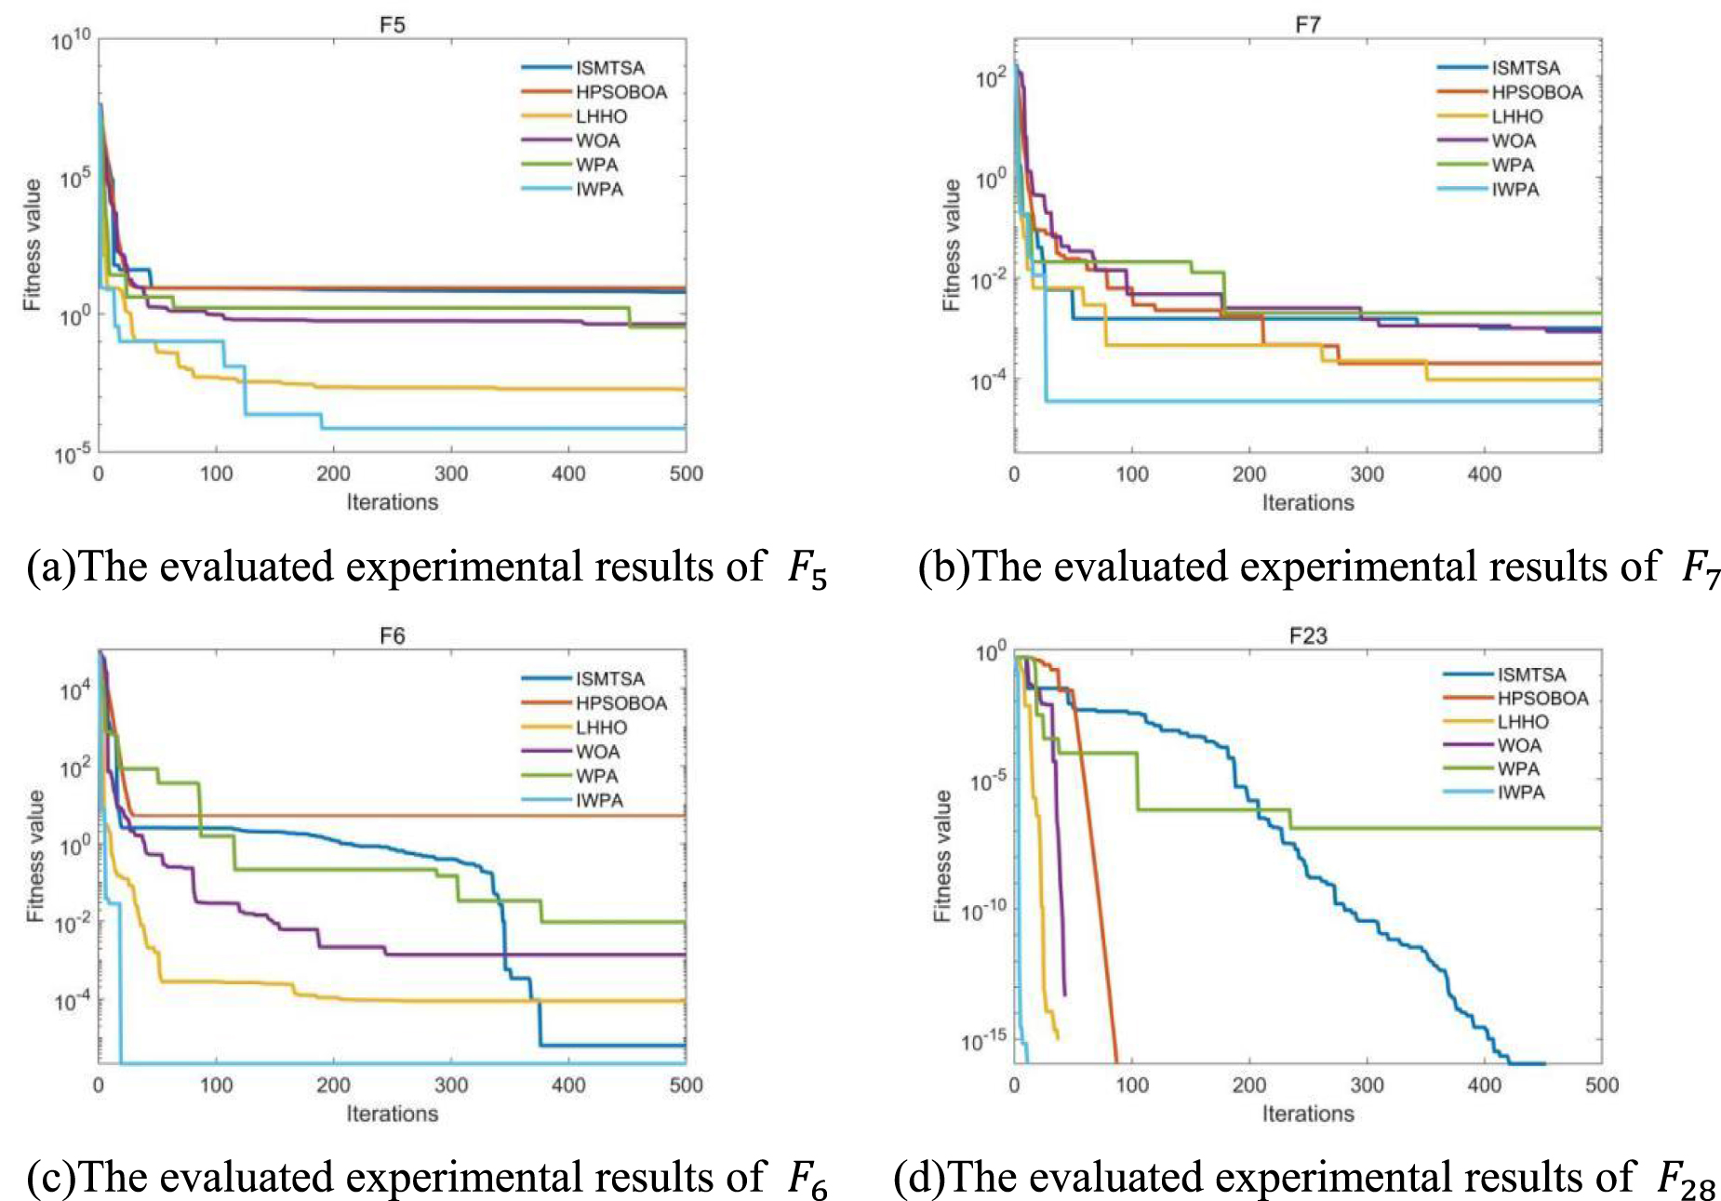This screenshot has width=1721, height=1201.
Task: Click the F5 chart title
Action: [392, 25]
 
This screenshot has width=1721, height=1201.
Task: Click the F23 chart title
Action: [1307, 636]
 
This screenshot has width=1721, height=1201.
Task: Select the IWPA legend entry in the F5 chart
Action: [599, 190]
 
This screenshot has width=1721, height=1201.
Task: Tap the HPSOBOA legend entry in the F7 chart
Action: [1537, 92]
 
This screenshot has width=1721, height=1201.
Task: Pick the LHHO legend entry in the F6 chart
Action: [601, 727]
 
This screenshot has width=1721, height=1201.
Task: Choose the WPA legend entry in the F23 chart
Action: [1518, 769]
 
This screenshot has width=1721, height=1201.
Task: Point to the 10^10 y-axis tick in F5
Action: [71, 40]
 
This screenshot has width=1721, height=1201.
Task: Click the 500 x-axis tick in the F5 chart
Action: [686, 474]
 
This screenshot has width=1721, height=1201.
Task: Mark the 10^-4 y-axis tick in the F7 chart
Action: [988, 381]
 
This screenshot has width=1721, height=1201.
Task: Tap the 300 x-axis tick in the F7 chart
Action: [1367, 474]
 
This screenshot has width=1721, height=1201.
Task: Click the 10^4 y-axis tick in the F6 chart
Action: [74, 690]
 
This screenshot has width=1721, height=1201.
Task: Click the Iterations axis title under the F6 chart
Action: [392, 1114]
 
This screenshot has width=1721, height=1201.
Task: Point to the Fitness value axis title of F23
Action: [942, 856]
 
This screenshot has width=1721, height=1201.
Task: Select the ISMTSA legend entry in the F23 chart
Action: [1531, 675]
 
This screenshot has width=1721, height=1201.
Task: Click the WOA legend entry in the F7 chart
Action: [1514, 141]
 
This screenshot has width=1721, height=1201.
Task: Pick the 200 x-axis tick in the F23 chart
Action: [1248, 1086]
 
